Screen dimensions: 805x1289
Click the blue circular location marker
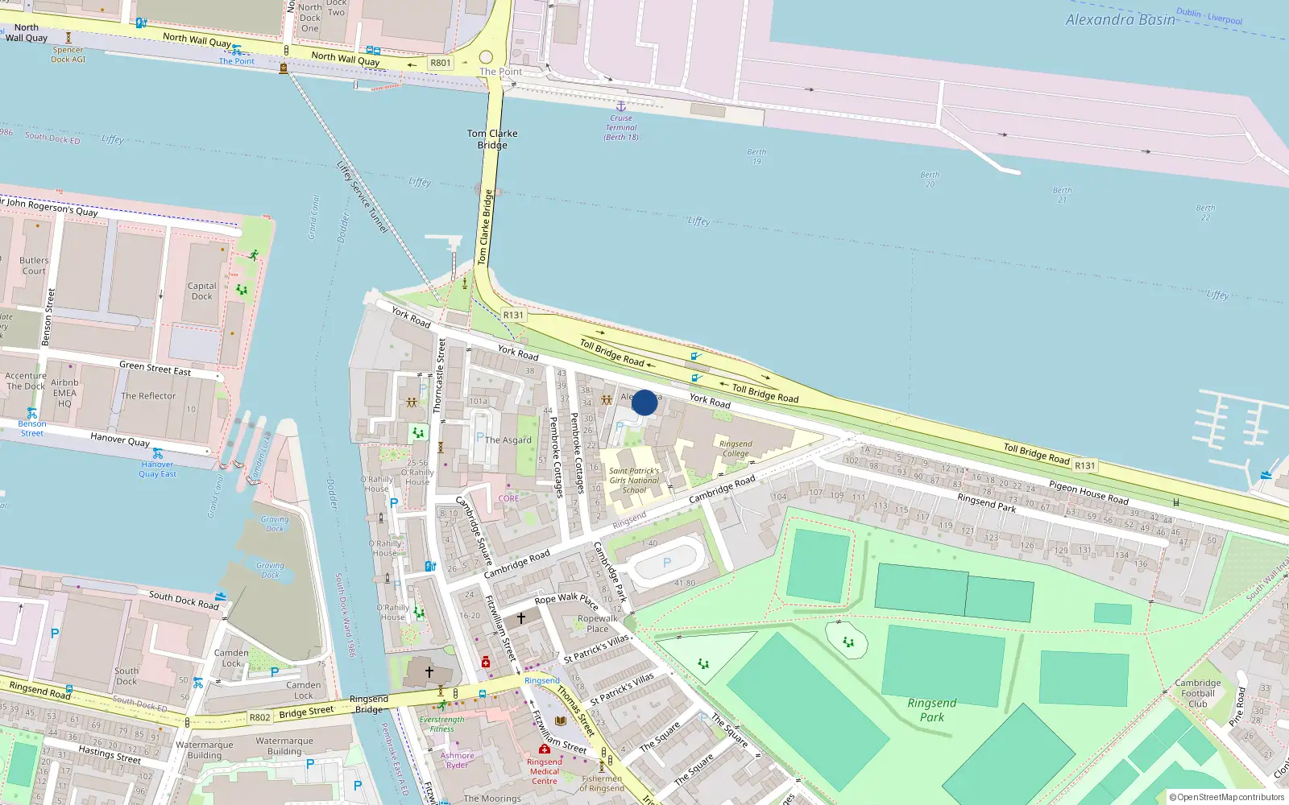(644, 402)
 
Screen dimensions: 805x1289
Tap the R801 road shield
(441, 63)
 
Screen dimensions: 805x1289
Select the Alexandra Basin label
(1120, 20)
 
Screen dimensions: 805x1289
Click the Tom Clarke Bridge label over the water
(492, 139)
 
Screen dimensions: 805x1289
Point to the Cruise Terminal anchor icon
(620, 106)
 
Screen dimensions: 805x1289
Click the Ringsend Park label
(932, 709)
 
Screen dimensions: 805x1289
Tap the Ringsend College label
(736, 448)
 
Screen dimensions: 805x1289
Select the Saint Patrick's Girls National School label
(634, 481)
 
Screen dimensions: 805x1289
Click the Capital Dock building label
(202, 291)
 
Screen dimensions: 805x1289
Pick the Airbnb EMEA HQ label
(64, 393)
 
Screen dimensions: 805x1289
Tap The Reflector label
(148, 396)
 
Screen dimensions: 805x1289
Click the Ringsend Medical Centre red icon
(545, 749)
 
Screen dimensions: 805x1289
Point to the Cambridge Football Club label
(1198, 693)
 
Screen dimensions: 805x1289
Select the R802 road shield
(259, 717)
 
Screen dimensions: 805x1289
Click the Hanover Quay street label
(120, 439)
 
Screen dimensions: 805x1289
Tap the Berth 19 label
(756, 156)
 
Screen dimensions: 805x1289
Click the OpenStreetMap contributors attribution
(1227, 797)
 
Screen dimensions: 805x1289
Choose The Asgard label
(508, 440)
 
